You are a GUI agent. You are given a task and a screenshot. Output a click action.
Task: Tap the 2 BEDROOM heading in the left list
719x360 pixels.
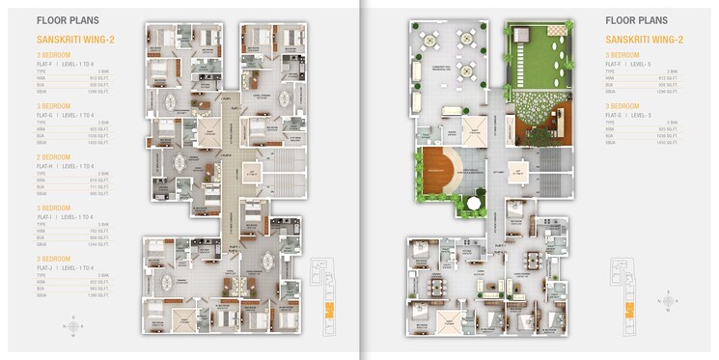click(54, 154)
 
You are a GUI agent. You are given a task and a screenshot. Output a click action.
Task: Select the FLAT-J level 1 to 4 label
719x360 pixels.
click(64, 267)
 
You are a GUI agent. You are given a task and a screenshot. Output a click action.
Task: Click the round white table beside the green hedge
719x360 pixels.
click(472, 204)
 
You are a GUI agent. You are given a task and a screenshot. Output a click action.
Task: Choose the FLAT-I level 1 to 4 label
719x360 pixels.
click(64, 216)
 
